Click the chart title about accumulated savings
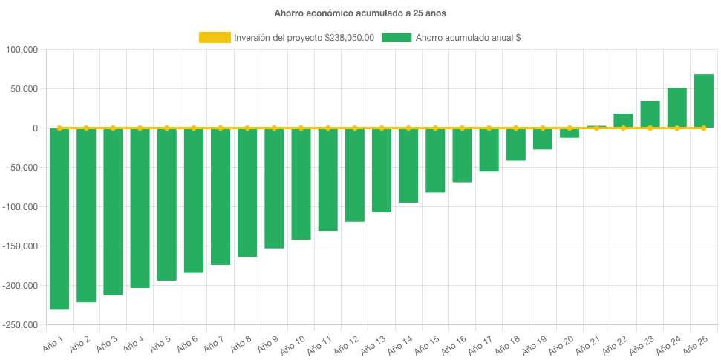[x=360, y=13]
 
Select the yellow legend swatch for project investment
[x=215, y=38]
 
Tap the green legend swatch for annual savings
[x=397, y=38]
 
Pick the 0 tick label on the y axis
[x=34, y=128]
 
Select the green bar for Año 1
[x=59, y=219]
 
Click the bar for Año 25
[x=703, y=102]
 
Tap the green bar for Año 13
[x=382, y=171]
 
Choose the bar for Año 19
[x=543, y=140]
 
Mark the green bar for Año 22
[x=623, y=121]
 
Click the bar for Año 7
[x=221, y=197]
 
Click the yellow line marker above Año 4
[x=140, y=128]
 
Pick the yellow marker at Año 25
[x=703, y=128]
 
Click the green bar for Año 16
[x=462, y=155]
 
